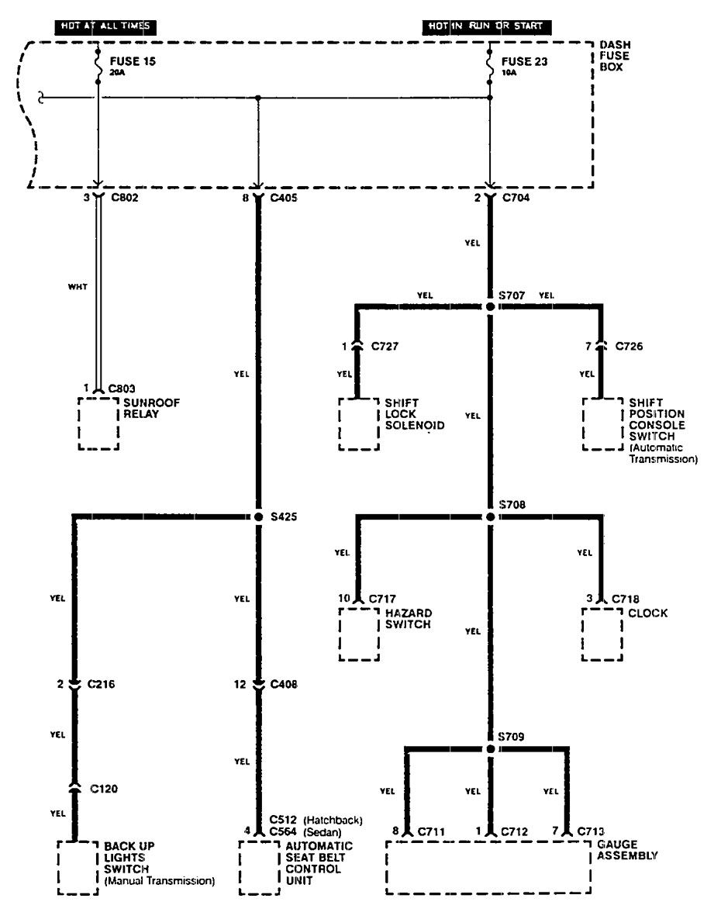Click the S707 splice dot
490,307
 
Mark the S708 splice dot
490,516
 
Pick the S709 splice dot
490,749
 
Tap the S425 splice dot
258,516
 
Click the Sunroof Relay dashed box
98,424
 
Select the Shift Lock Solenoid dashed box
359,424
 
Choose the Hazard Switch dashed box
359,634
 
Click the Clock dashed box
602,634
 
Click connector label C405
285,198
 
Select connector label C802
126,198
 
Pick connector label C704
517,198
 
